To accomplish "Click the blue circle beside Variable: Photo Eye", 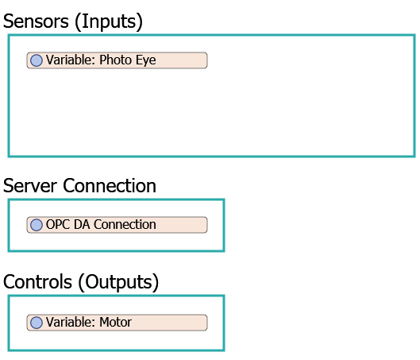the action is (37, 60).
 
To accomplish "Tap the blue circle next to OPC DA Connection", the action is (37, 225).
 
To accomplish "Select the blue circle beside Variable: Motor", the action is (37, 323).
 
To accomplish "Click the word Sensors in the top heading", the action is (36, 21).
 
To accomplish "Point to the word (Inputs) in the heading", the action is (109, 22).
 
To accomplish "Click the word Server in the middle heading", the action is (30, 186).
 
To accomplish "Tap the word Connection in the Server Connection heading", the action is (110, 186).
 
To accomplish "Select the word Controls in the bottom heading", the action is (38, 282).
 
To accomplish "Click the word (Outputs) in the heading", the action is (118, 283).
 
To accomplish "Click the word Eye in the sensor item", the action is (146, 60).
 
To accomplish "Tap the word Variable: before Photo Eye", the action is (71, 60).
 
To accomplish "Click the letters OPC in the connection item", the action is (58, 224).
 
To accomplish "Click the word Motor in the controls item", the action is (115, 322).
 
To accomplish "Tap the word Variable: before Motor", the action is (71, 322).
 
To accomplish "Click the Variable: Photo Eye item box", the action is (117, 60).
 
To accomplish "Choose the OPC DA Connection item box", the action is (117, 225).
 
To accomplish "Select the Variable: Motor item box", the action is (117, 323).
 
